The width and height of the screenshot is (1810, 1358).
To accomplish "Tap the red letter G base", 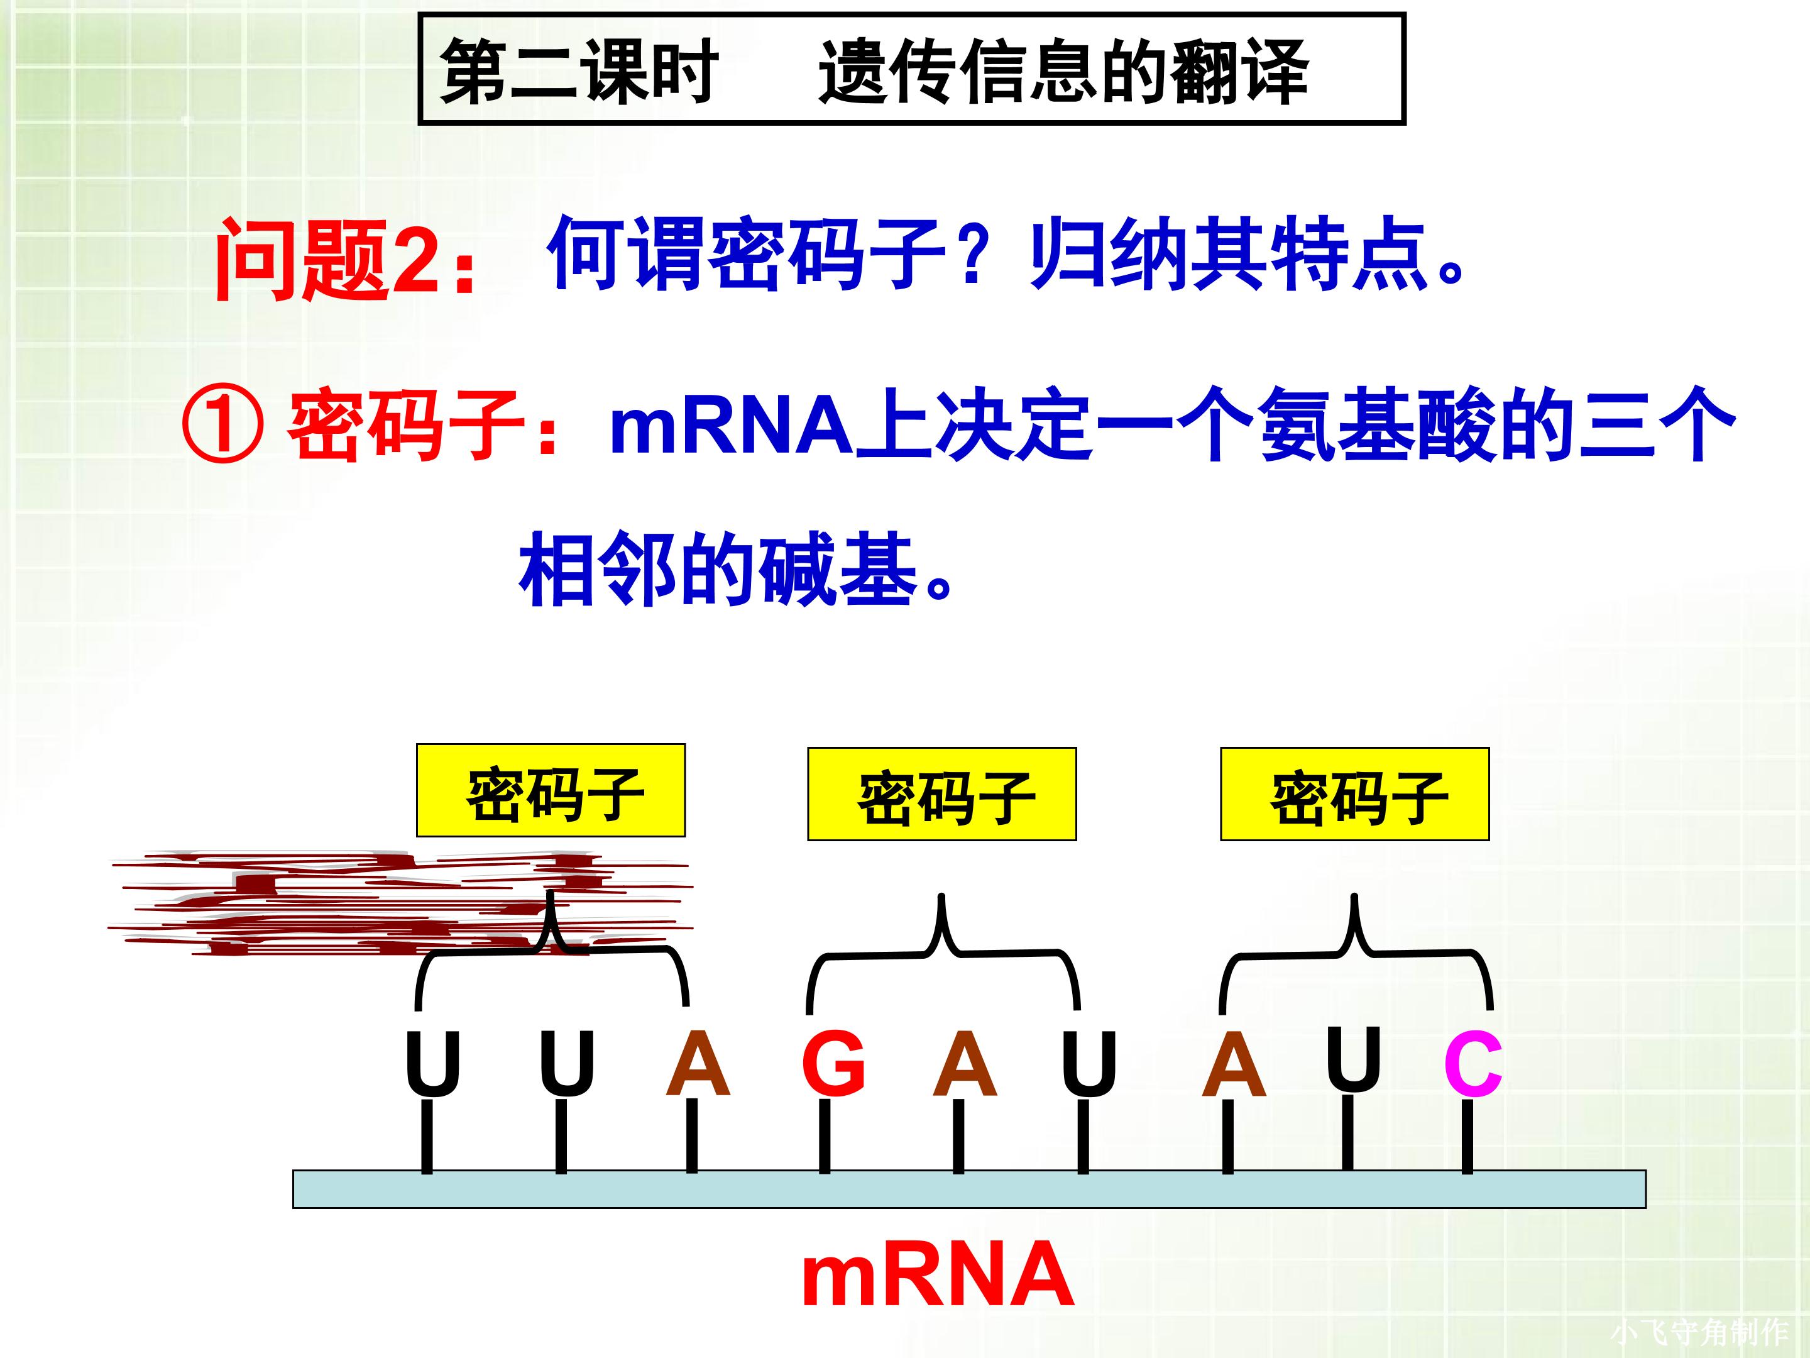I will (x=833, y=1063).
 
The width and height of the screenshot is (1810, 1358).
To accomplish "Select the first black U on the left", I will (x=433, y=1063).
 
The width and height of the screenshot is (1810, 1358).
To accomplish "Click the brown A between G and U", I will (x=965, y=1063).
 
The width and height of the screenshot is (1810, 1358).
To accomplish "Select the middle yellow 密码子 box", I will (x=942, y=795).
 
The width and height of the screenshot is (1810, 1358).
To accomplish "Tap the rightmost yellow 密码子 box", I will (x=1354, y=795).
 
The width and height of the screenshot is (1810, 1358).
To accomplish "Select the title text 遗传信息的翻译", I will (x=1064, y=72).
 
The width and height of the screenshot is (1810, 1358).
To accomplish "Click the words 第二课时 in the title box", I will (x=579, y=72).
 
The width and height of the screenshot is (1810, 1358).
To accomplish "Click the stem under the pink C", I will (x=1467, y=1138).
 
